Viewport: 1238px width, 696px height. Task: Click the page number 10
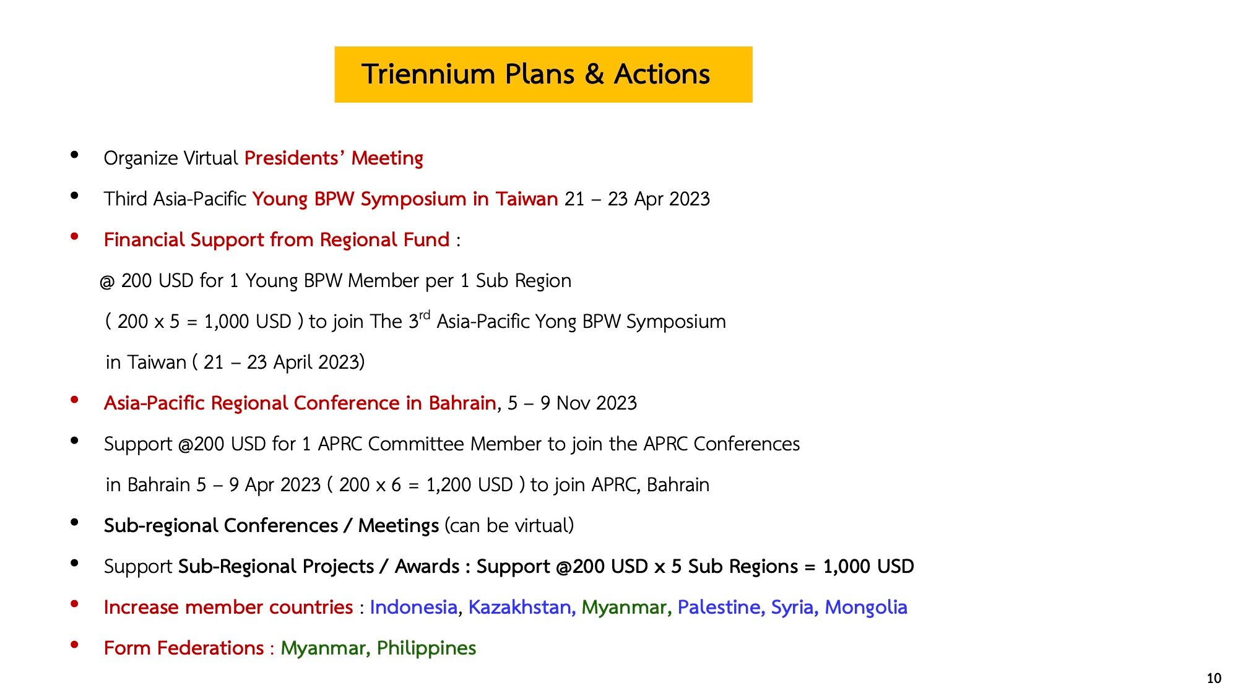pyautogui.click(x=1214, y=678)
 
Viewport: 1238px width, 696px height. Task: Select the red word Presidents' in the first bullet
pyautogui.click(x=295, y=158)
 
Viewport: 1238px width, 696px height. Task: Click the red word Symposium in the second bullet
pyautogui.click(x=413, y=199)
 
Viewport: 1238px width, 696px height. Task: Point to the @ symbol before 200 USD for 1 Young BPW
pyautogui.click(x=107, y=281)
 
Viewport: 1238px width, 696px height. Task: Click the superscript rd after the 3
pyautogui.click(x=424, y=315)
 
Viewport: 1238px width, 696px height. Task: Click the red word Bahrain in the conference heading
pyautogui.click(x=462, y=403)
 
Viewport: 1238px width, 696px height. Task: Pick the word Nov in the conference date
pyautogui.click(x=573, y=403)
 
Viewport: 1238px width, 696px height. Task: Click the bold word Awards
pyautogui.click(x=427, y=566)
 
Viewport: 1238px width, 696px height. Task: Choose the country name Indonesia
pyautogui.click(x=413, y=607)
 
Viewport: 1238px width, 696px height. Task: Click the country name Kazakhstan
pyautogui.click(x=519, y=607)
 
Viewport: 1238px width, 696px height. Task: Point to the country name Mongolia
pyautogui.click(x=866, y=607)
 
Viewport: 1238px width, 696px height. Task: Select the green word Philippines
pyautogui.click(x=426, y=648)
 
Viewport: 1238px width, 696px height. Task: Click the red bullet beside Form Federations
pyautogui.click(x=74, y=645)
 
